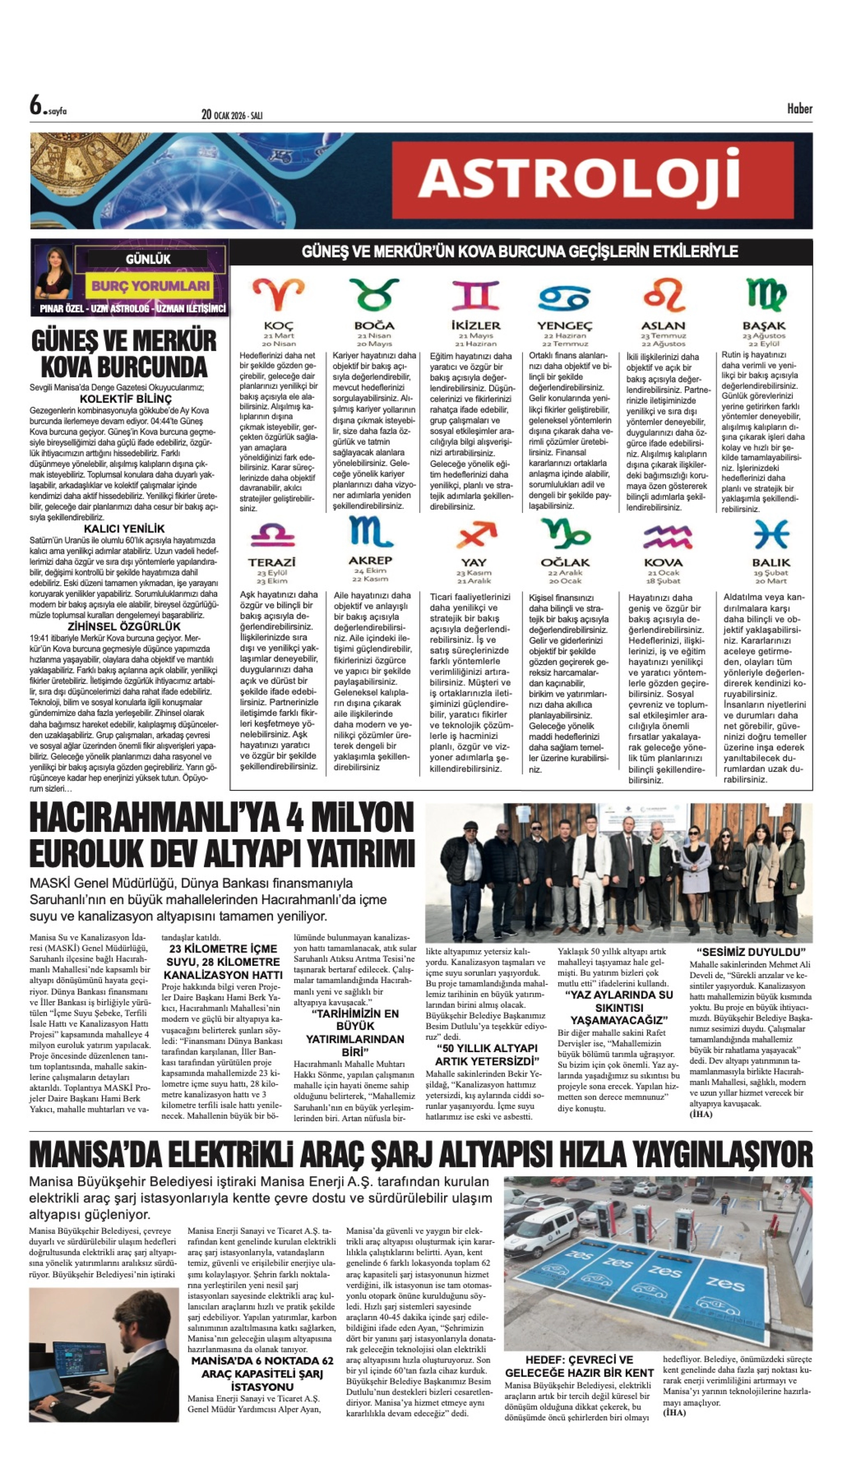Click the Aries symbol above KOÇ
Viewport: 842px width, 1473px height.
(x=278, y=294)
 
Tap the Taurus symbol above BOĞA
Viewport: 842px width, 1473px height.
(x=374, y=294)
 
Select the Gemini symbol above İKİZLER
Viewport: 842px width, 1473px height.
(x=476, y=295)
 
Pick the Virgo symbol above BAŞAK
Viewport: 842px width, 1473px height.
(x=766, y=294)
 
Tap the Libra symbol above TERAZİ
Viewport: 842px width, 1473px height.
(x=273, y=535)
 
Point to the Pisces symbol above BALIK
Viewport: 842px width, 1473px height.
(x=771, y=535)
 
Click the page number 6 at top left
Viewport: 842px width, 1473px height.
(x=36, y=105)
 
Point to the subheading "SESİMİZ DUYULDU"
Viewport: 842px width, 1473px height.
(x=751, y=952)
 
